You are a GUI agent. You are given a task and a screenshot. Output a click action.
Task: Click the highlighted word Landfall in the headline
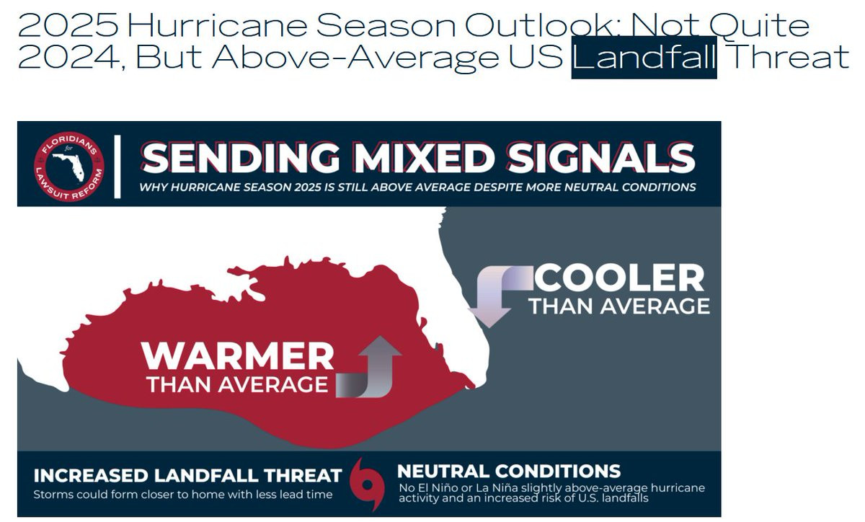[644, 57]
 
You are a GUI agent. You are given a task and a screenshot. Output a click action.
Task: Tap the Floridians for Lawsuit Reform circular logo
[68, 167]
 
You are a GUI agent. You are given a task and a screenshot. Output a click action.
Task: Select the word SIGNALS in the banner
[601, 159]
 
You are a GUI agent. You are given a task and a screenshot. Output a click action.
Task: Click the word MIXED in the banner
[424, 159]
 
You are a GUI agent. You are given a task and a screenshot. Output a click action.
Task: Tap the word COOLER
[619, 278]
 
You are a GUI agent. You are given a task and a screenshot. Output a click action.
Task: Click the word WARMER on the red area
[237, 356]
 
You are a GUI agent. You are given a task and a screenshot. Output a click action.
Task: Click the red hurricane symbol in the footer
[367, 485]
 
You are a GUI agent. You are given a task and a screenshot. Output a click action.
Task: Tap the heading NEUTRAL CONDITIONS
[509, 472]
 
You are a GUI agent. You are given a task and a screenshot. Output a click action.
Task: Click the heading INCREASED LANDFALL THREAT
[187, 476]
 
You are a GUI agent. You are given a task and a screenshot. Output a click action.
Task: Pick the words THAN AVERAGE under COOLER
[619, 306]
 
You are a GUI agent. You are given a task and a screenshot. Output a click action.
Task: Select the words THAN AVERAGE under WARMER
[237, 385]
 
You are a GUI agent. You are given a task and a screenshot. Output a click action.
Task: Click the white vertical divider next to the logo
[117, 167]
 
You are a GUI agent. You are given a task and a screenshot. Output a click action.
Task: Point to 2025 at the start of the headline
[68, 25]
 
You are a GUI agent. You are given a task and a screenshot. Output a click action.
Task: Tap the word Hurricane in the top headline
[218, 25]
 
